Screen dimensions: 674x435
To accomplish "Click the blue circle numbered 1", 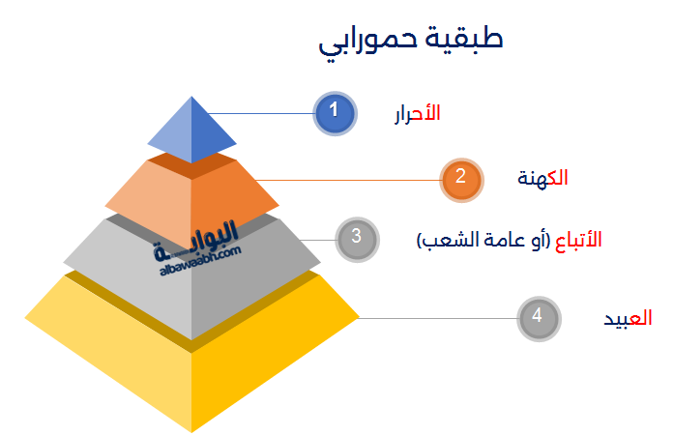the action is [x=335, y=113].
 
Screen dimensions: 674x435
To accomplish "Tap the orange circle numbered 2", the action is [x=461, y=180].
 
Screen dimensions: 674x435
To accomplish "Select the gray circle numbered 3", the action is [x=357, y=240].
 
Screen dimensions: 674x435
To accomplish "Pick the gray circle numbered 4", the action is [x=539, y=318].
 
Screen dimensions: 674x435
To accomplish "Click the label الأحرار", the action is [x=418, y=113].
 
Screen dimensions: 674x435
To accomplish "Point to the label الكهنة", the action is [x=542, y=178].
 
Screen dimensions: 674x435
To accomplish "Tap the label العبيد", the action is [x=628, y=318].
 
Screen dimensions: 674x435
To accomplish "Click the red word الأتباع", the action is [x=578, y=240].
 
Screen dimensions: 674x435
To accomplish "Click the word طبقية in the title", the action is [x=464, y=39].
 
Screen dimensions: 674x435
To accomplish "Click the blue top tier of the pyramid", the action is [x=191, y=130].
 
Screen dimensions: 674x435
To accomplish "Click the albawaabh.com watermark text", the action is [x=200, y=260].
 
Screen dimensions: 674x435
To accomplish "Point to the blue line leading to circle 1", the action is [x=261, y=113].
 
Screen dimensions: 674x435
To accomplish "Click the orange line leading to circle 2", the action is [x=347, y=180].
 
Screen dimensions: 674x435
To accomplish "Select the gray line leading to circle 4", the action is [x=437, y=318].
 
